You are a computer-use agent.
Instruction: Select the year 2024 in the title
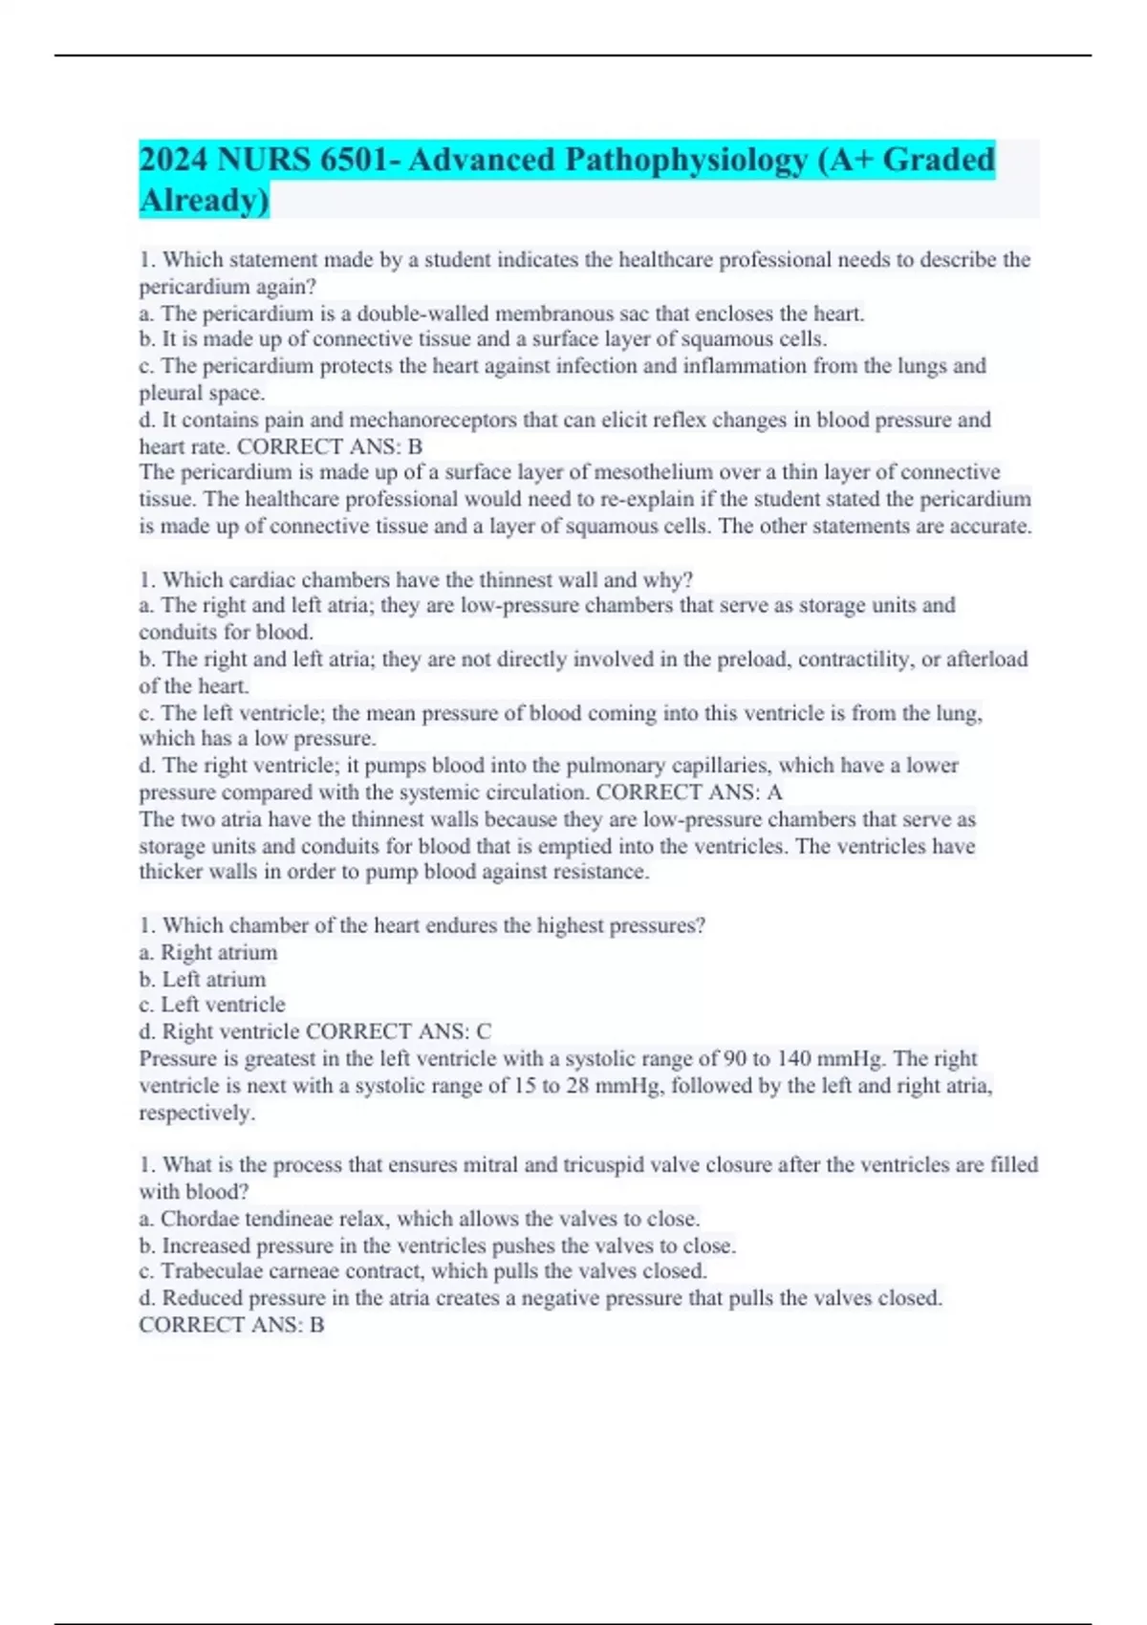[174, 159]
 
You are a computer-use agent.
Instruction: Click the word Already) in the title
[205, 200]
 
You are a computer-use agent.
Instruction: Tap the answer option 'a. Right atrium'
[208, 952]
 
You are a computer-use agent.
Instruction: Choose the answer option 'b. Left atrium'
[203, 979]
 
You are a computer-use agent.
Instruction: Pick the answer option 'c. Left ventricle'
[212, 1005]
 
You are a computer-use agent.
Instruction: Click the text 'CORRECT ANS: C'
[399, 1031]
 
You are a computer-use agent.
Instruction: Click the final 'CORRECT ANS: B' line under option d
[231, 1325]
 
